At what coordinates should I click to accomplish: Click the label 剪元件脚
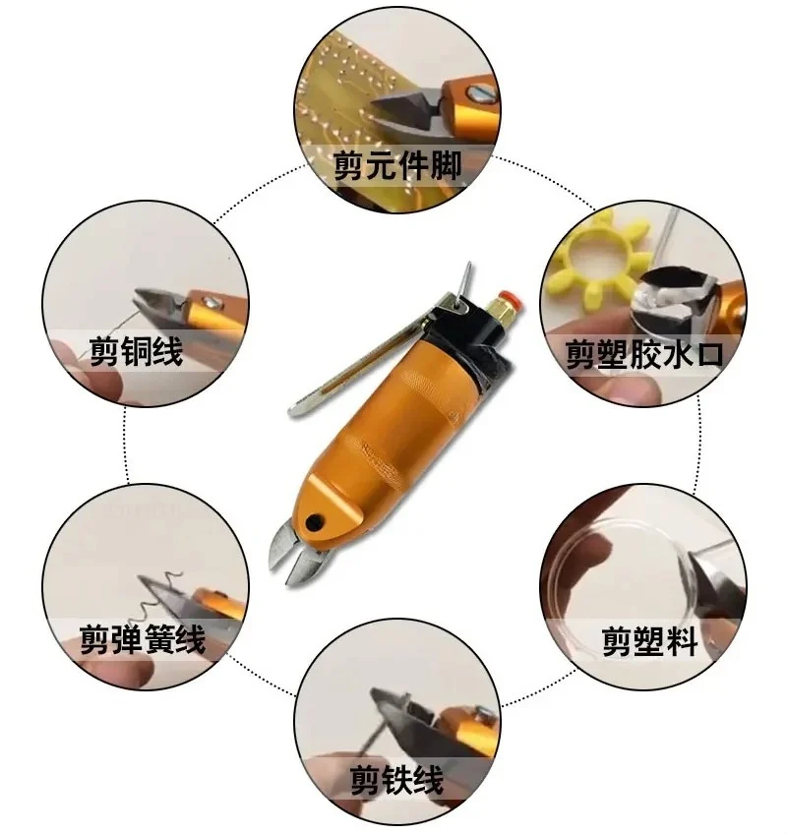(396, 164)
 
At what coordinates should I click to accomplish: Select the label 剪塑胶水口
(644, 353)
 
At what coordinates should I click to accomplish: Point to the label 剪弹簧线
(143, 640)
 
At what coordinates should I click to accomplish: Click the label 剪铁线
(396, 780)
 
